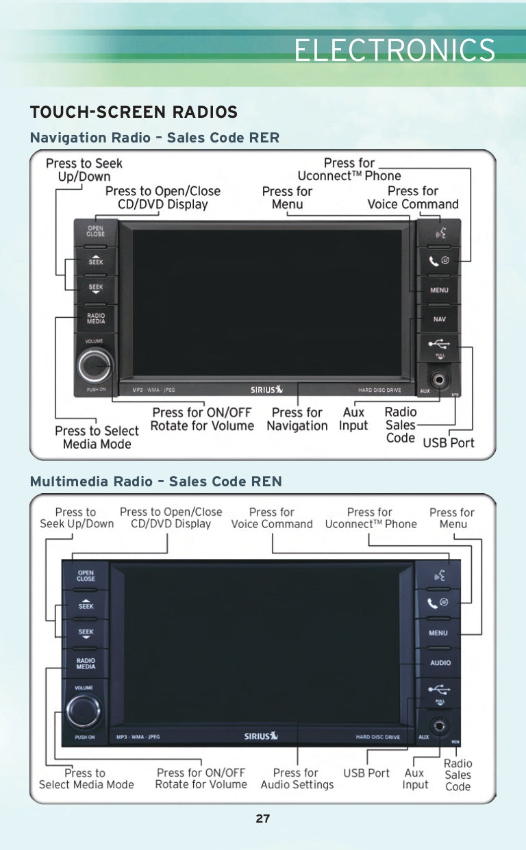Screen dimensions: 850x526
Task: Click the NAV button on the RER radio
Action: (x=439, y=319)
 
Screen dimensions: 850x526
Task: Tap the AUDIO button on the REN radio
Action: (x=440, y=662)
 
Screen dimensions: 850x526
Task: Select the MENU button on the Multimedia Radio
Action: (x=438, y=633)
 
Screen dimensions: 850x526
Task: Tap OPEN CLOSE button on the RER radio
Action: (x=95, y=232)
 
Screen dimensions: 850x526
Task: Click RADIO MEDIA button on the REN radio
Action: (x=86, y=663)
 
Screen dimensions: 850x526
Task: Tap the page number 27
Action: (x=263, y=818)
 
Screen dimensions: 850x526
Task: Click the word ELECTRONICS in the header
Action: (x=394, y=51)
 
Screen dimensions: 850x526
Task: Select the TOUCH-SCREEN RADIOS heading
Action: (x=134, y=112)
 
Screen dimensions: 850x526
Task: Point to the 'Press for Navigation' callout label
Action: (x=297, y=419)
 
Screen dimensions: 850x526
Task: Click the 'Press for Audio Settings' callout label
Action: (x=297, y=779)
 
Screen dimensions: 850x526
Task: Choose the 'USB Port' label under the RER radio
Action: (x=448, y=442)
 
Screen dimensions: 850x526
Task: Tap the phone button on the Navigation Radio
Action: (x=439, y=261)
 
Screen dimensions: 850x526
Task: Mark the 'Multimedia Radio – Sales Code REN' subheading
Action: (x=155, y=482)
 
